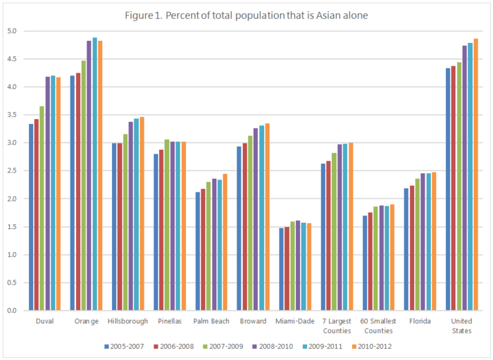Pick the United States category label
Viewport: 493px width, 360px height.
[462, 325]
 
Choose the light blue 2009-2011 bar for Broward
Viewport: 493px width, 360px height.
[262, 218]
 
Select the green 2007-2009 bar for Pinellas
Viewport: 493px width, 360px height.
[167, 225]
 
